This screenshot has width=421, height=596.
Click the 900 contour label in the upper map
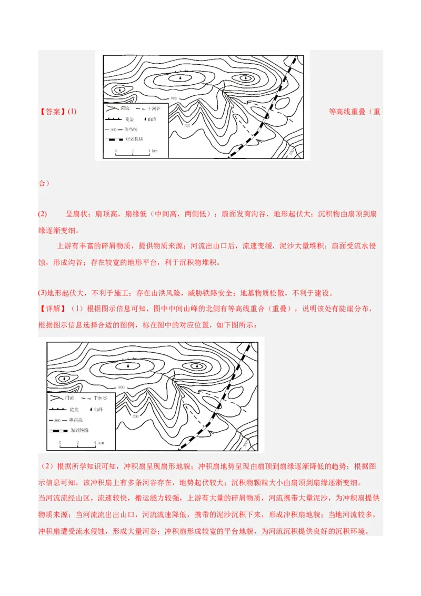tap(174, 98)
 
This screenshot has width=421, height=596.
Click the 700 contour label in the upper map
tap(187, 125)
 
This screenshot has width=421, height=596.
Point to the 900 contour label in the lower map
tap(122, 388)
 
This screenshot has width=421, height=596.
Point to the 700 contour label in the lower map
tap(136, 416)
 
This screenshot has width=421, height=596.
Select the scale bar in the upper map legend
tap(133, 155)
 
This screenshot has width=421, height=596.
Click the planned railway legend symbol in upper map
tap(115, 140)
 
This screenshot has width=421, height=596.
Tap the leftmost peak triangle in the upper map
tap(121, 90)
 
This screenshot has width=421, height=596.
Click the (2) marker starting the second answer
tap(43, 214)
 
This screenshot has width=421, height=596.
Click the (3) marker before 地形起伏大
tap(43, 293)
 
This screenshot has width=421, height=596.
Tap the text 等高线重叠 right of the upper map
tap(347, 112)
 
